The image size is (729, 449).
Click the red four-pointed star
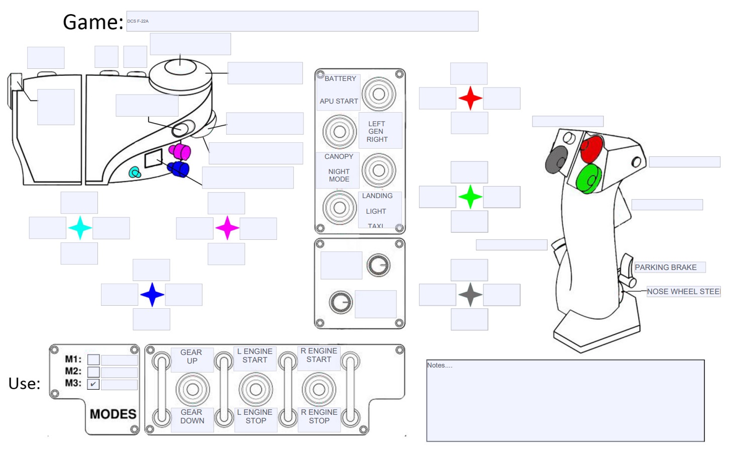click(x=470, y=98)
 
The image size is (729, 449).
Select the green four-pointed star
click(x=470, y=197)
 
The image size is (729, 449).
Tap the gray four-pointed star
click(x=470, y=295)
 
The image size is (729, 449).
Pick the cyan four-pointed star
click(x=80, y=228)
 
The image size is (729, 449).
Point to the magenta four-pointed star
click(x=227, y=228)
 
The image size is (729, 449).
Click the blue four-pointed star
click(x=152, y=295)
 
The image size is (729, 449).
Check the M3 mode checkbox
click(x=93, y=384)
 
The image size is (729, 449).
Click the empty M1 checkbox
click(x=93, y=360)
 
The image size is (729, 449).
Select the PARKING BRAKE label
click(x=666, y=267)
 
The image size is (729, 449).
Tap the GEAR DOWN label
click(x=192, y=416)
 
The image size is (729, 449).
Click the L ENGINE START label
click(x=255, y=355)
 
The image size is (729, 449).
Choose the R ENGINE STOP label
click(x=319, y=416)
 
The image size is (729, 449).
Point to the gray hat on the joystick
click(x=556, y=159)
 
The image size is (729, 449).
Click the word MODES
click(x=113, y=414)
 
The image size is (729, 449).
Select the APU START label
click(x=339, y=101)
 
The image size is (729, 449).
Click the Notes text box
click(x=565, y=401)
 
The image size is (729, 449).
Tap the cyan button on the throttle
click(x=135, y=173)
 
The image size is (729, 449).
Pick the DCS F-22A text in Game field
click(x=138, y=21)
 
